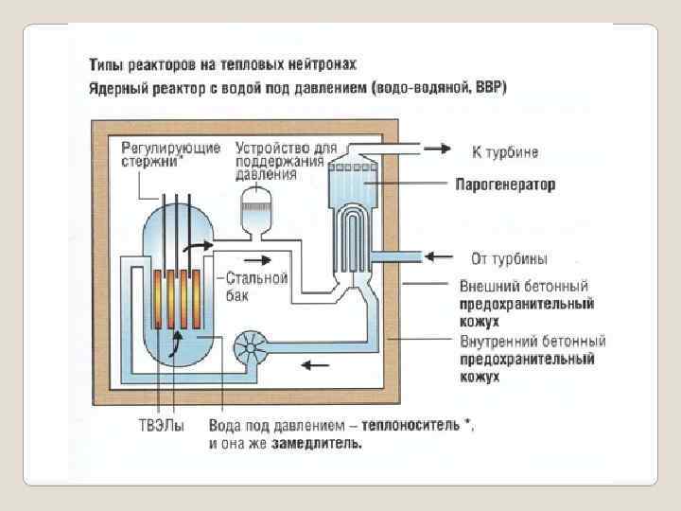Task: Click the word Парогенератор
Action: (x=506, y=184)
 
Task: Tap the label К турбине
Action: (x=504, y=150)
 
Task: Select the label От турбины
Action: (x=509, y=258)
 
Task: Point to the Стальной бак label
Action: (x=256, y=287)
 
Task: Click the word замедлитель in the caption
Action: (x=318, y=443)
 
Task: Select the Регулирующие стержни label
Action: (x=171, y=154)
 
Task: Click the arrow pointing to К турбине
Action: (x=436, y=149)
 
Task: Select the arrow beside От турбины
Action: (x=436, y=255)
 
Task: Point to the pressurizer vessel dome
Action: (x=254, y=201)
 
